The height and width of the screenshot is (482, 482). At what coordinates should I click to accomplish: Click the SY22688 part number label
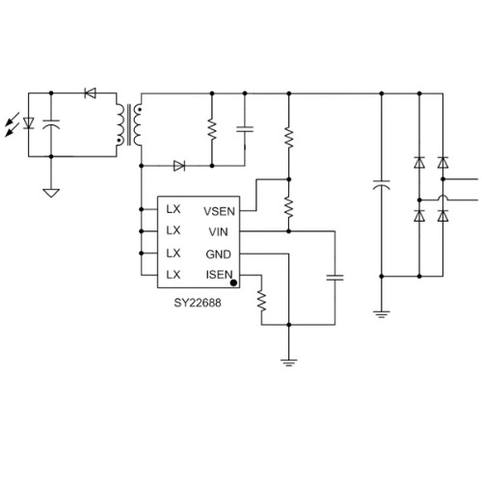[x=198, y=303]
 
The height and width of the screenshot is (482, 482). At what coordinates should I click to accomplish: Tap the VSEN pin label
[x=219, y=211]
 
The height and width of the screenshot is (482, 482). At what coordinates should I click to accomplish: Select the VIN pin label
[x=218, y=231]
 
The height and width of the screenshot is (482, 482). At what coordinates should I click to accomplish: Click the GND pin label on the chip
[x=218, y=254]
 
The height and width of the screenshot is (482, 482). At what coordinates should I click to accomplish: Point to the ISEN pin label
[x=219, y=275]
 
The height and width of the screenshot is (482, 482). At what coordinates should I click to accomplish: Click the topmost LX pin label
[x=174, y=209]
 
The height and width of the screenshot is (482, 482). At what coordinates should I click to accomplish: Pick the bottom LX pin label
[x=174, y=275]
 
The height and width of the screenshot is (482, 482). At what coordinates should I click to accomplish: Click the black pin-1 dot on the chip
[x=234, y=282]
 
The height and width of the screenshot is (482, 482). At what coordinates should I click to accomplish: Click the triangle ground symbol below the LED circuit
[x=51, y=193]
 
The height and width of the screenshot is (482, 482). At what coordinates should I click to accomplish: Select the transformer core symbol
[x=129, y=124]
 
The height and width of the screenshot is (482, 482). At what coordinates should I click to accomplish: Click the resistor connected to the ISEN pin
[x=261, y=301]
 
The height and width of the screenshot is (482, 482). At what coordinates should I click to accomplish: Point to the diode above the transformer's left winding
[x=90, y=94]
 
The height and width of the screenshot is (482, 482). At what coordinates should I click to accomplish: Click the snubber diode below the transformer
[x=179, y=166]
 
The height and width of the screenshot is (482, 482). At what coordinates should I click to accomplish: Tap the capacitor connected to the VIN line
[x=335, y=278]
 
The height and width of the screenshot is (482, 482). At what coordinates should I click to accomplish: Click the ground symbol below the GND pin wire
[x=288, y=362]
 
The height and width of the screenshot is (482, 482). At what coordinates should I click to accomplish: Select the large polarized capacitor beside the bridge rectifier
[x=382, y=185]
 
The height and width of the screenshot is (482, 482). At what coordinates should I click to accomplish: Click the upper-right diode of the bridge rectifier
[x=443, y=163]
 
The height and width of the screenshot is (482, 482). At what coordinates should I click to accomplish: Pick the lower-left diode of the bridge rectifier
[x=419, y=216]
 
